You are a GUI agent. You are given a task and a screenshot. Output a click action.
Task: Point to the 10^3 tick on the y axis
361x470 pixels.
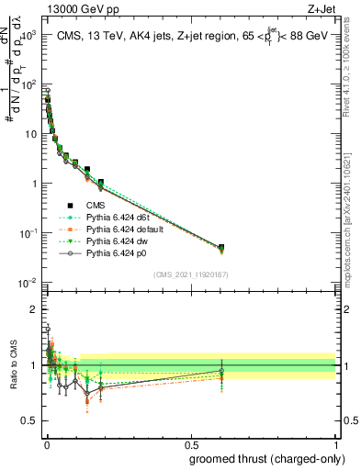click(x=28, y=34)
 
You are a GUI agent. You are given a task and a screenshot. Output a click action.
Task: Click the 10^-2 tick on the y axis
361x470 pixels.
click(x=28, y=283)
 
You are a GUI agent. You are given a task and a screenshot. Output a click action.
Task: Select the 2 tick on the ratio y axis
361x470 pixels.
click(x=35, y=308)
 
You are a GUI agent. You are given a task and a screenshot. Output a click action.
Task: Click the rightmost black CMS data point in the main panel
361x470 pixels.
click(x=220, y=247)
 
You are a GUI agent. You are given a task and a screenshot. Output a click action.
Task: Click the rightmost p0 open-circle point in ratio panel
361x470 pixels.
click(x=220, y=371)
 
